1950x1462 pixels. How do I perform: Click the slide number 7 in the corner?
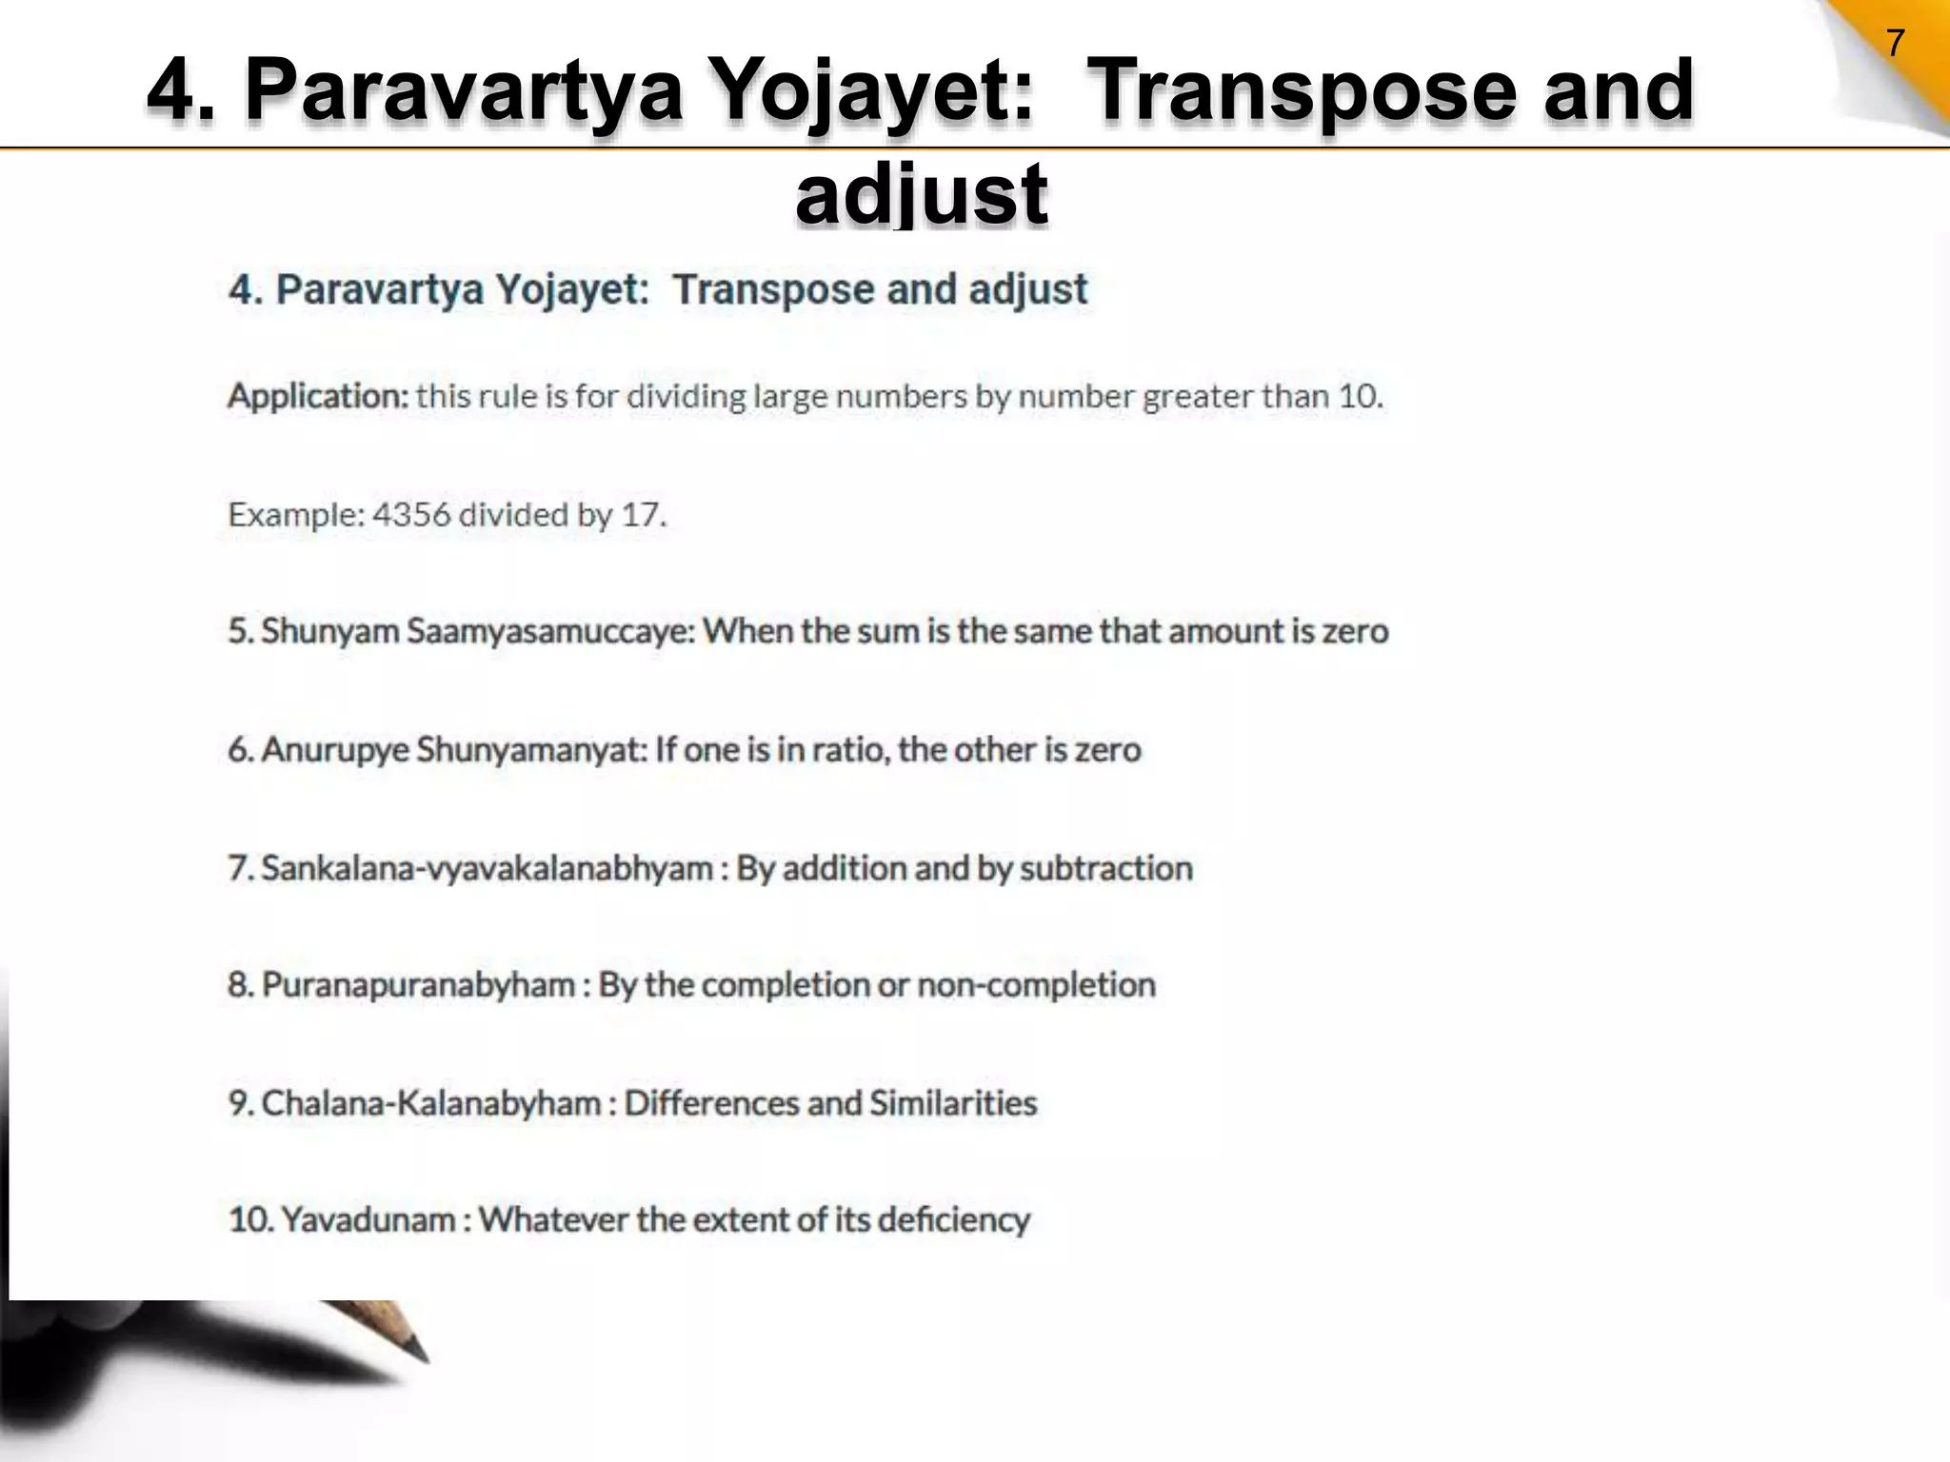pos(1895,44)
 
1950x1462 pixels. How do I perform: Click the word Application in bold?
pos(318,396)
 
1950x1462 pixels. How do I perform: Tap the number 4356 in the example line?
pos(410,515)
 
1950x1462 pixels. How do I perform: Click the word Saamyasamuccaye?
pos(552,631)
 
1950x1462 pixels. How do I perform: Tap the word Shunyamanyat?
pos(531,750)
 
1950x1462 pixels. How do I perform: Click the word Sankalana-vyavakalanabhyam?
pos(487,868)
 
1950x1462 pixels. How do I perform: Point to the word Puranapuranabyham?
pos(418,984)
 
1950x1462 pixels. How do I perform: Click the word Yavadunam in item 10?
pos(368,1219)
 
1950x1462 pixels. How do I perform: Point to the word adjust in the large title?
pos(922,193)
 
